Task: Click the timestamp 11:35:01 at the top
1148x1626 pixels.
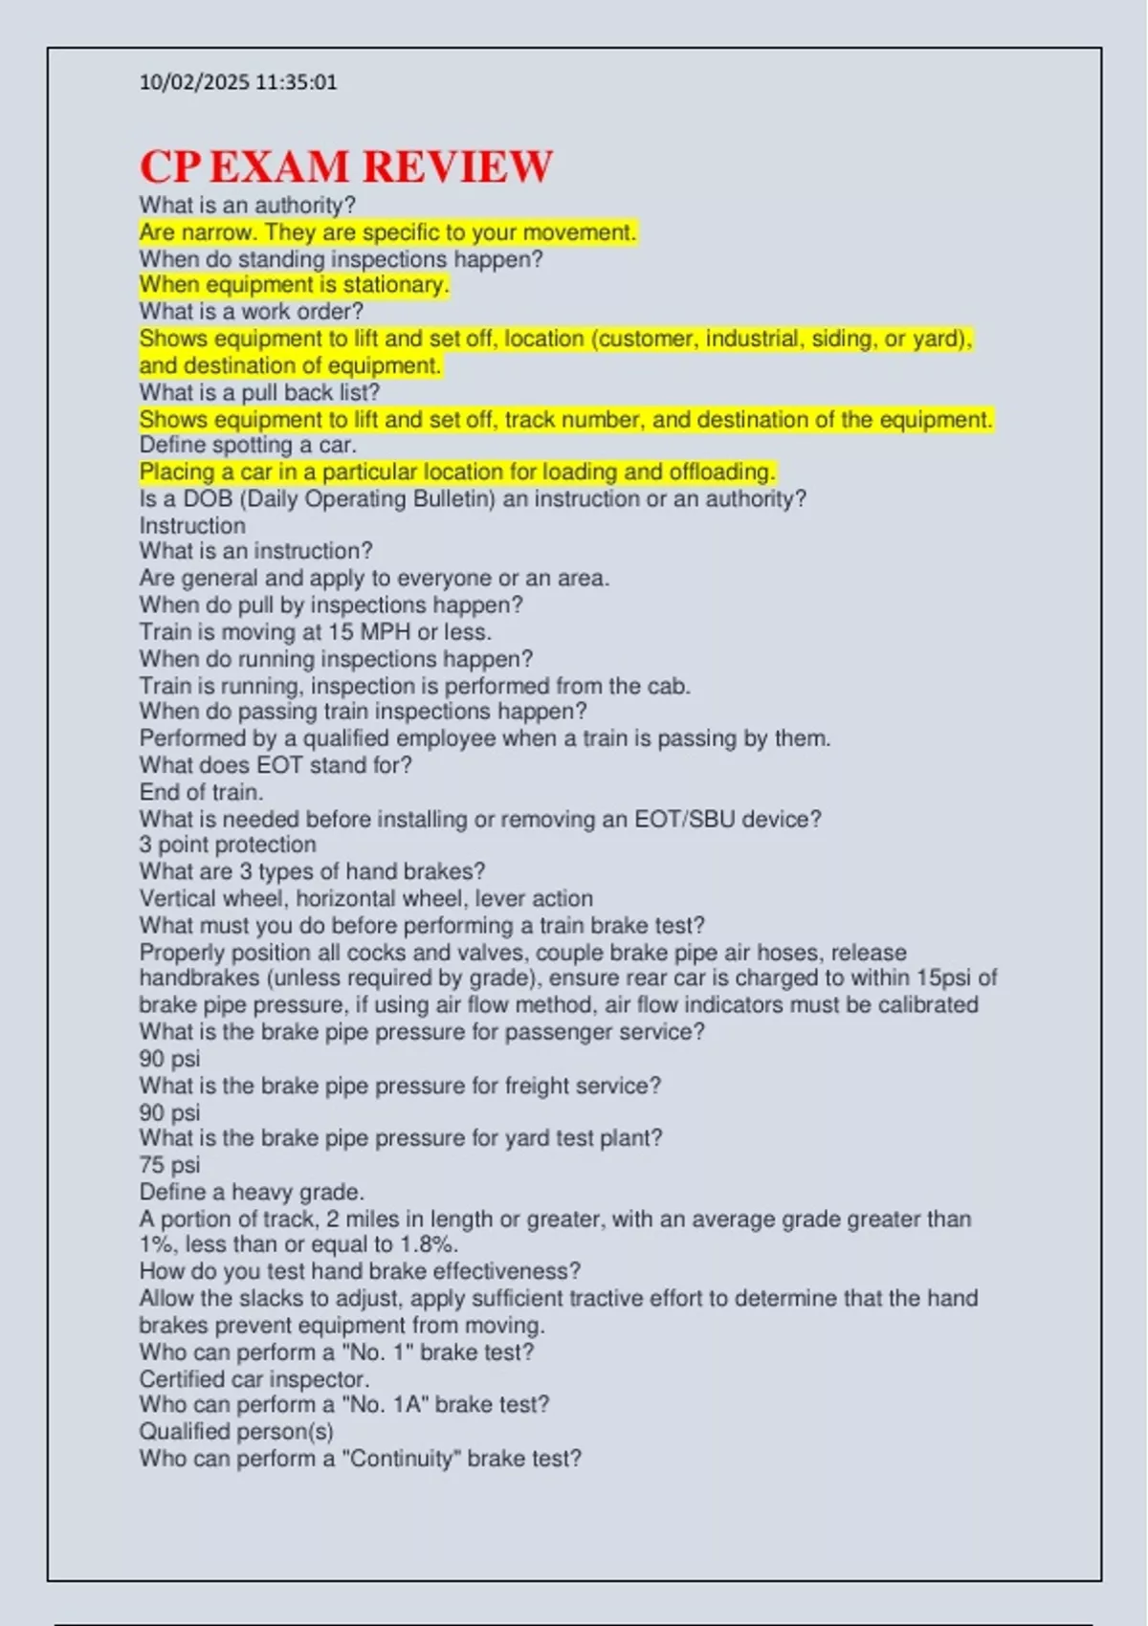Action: [297, 82]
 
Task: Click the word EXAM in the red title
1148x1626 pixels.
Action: [278, 166]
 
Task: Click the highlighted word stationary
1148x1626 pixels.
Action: [395, 285]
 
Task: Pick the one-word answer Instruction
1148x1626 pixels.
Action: [192, 525]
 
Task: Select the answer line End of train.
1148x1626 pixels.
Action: [201, 792]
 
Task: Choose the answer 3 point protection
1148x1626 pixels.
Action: [227, 845]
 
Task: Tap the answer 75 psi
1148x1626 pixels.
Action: [169, 1165]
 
